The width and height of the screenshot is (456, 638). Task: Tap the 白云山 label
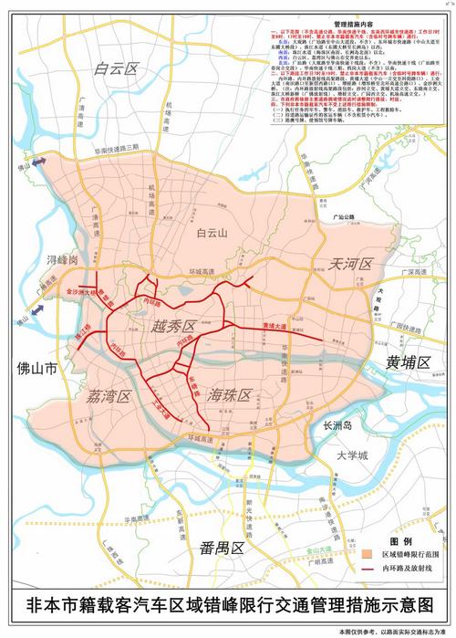point(215,234)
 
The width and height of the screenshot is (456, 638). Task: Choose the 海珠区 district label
point(229,395)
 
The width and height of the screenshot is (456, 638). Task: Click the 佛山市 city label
point(36,370)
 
